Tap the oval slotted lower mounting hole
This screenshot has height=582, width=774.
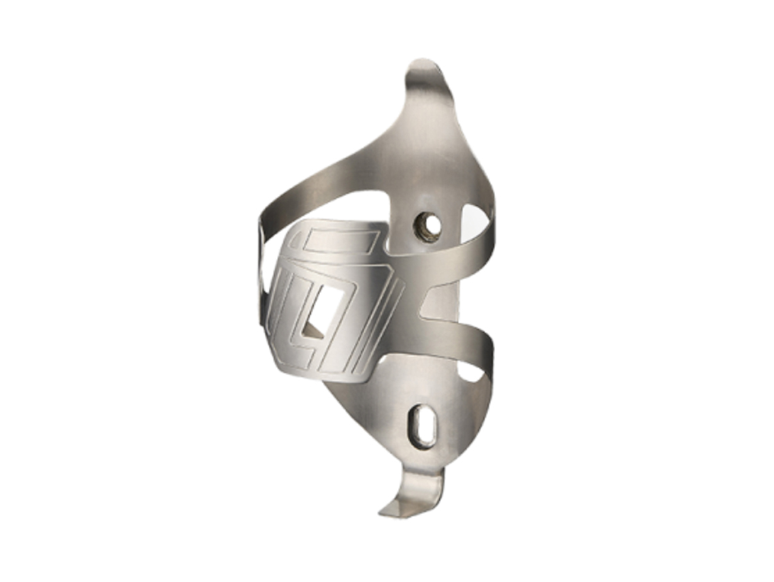(x=419, y=426)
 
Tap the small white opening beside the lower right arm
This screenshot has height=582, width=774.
(x=471, y=371)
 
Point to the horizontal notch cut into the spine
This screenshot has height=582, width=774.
(x=436, y=304)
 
